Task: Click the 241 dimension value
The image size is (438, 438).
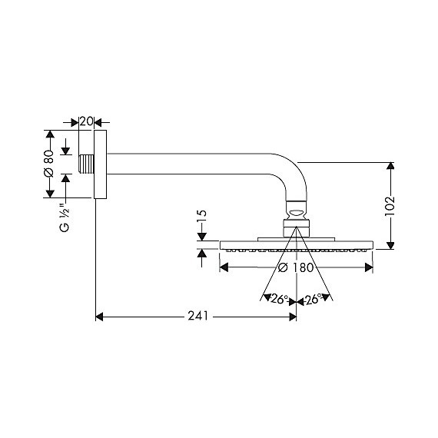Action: click(197, 316)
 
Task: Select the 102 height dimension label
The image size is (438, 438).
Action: click(390, 207)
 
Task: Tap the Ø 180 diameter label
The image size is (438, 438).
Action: click(296, 267)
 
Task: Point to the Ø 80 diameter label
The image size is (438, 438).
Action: click(48, 164)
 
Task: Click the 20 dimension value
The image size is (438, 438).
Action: click(86, 121)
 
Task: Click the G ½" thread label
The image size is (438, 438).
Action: click(65, 220)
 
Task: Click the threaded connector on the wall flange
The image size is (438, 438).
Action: click(87, 164)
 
